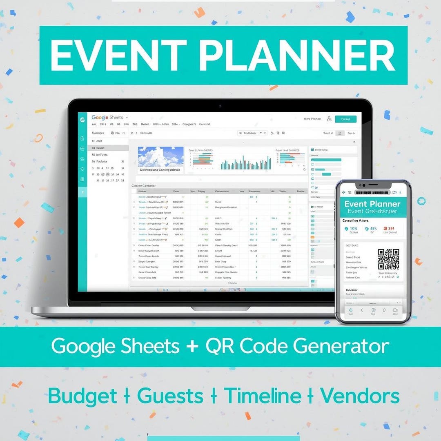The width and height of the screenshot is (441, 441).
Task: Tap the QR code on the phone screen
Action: tap(388, 259)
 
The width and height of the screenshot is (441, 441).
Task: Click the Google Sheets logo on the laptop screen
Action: tap(107, 118)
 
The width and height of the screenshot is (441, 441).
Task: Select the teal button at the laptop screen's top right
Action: tap(345, 119)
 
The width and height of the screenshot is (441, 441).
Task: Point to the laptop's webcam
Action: tap(220, 106)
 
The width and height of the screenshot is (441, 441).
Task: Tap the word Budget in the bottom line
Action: tap(82, 396)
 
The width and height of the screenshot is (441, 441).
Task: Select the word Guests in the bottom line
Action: tap(170, 396)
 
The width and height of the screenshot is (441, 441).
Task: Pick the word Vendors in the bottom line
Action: tap(359, 396)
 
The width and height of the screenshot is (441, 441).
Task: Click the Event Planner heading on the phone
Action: tap(372, 204)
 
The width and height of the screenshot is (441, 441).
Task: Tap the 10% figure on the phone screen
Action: tap(351, 229)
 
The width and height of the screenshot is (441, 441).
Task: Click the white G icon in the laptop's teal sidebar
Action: tap(82, 120)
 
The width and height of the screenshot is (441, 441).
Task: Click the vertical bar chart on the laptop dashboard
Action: tap(245, 162)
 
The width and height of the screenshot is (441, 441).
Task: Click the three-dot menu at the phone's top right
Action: tap(400, 192)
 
